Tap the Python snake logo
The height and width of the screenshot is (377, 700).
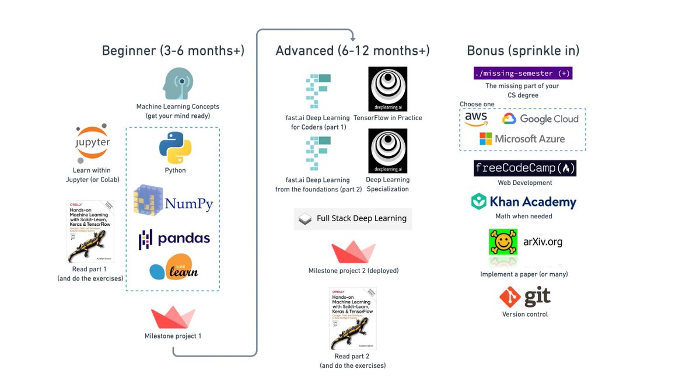(x=175, y=147)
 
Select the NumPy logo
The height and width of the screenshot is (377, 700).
(x=173, y=201)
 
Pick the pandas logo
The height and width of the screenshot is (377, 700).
(x=174, y=239)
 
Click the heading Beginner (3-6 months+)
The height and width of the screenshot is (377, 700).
(x=173, y=51)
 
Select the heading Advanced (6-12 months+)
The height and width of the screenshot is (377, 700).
(x=352, y=51)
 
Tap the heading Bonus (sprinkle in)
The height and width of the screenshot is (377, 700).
(x=523, y=51)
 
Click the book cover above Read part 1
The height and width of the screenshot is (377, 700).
(x=90, y=231)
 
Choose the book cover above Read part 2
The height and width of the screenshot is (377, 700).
(x=352, y=318)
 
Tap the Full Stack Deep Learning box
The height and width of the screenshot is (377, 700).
(x=352, y=218)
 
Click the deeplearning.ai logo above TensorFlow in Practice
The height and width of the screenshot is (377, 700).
(x=387, y=89)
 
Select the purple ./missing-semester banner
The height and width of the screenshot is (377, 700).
(x=523, y=74)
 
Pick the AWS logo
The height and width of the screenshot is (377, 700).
(x=476, y=119)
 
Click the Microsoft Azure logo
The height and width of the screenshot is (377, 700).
(x=522, y=139)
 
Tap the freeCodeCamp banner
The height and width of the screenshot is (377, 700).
(x=525, y=169)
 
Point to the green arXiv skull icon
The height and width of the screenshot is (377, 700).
(x=503, y=242)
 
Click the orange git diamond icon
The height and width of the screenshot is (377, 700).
(x=510, y=298)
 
